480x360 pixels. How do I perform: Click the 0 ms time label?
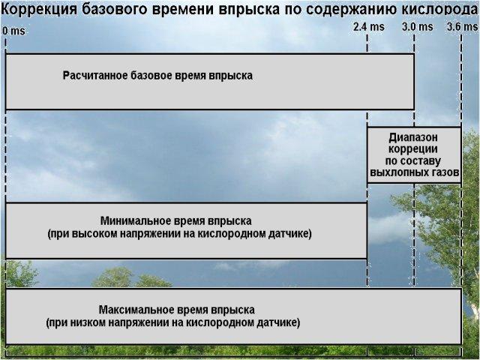(13, 31)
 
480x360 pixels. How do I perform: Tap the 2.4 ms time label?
(368, 27)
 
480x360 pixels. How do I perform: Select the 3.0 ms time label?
(418, 27)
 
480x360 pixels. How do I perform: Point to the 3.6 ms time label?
(462, 27)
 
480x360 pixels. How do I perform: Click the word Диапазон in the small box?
(413, 138)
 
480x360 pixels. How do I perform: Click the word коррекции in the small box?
(413, 149)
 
